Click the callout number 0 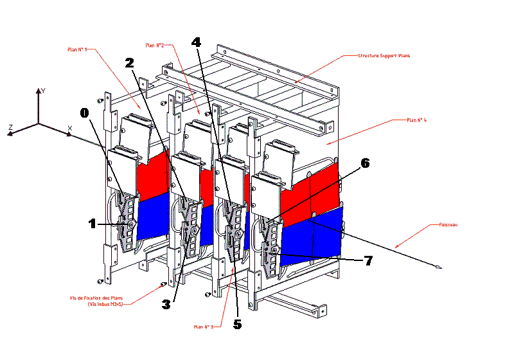[84, 113]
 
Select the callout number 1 [93, 223]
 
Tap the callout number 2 [130, 63]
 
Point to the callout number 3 [166, 305]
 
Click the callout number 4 [196, 42]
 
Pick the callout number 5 [237, 325]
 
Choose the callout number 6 [365, 164]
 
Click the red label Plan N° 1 [77, 48]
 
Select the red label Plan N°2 [155, 45]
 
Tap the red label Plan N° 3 [204, 327]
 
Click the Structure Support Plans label [384, 56]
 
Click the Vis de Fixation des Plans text [97, 298]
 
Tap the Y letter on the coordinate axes [42, 91]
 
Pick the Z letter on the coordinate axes [11, 127]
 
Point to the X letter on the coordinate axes [69, 128]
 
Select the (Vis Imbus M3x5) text [105, 304]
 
